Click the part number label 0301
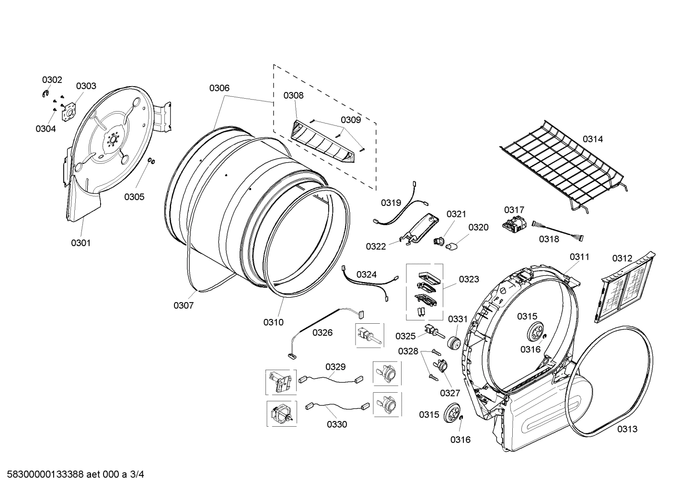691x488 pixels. [x=81, y=243]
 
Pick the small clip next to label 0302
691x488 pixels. [x=46, y=94]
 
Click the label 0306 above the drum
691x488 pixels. [x=219, y=88]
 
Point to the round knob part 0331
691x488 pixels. [x=453, y=343]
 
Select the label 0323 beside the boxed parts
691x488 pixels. [x=469, y=279]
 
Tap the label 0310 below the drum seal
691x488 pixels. [x=273, y=322]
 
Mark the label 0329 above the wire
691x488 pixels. [x=335, y=367]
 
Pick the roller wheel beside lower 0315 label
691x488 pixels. [x=451, y=413]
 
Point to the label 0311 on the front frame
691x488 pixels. [x=579, y=257]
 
